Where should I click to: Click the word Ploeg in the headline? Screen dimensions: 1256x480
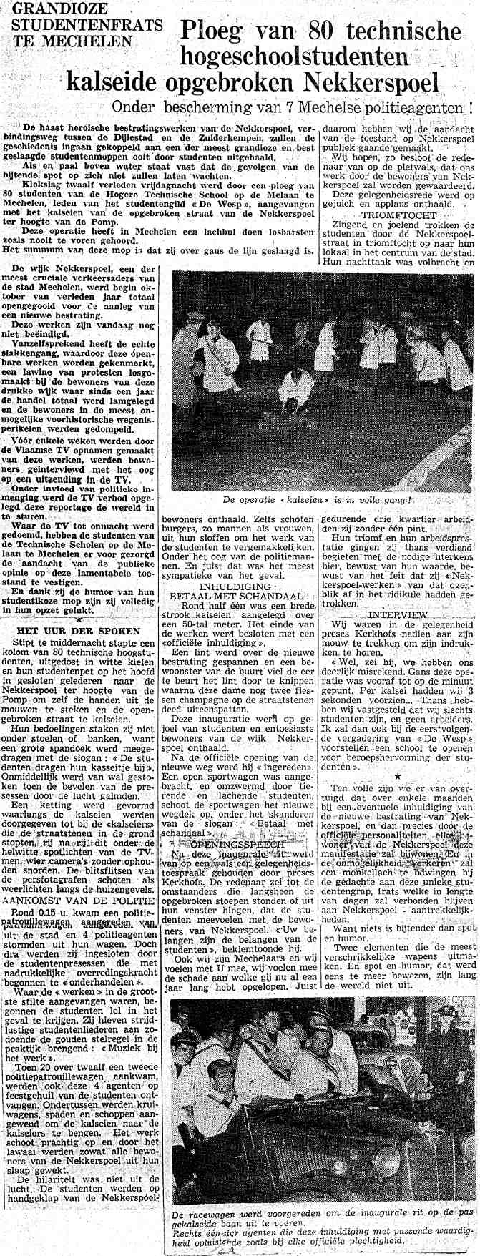click(x=217, y=31)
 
